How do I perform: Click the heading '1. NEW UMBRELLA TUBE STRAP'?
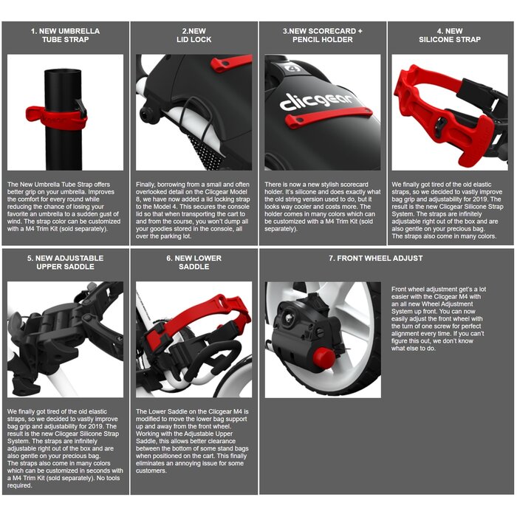tap(65, 35)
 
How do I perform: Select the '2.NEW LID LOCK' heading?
tap(194, 35)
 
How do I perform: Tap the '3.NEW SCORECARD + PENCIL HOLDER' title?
tap(323, 35)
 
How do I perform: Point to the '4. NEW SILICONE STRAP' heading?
tap(450, 35)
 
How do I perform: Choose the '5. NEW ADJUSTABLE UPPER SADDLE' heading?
tap(65, 262)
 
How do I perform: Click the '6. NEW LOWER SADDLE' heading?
tap(194, 262)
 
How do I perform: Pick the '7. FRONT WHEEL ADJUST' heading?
tap(375, 258)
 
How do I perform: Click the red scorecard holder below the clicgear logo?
tap(328, 117)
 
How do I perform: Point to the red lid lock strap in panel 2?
tap(230, 63)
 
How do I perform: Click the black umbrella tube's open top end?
tap(62, 72)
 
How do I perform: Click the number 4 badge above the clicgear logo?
tap(295, 68)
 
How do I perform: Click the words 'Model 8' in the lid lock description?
tap(236, 192)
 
